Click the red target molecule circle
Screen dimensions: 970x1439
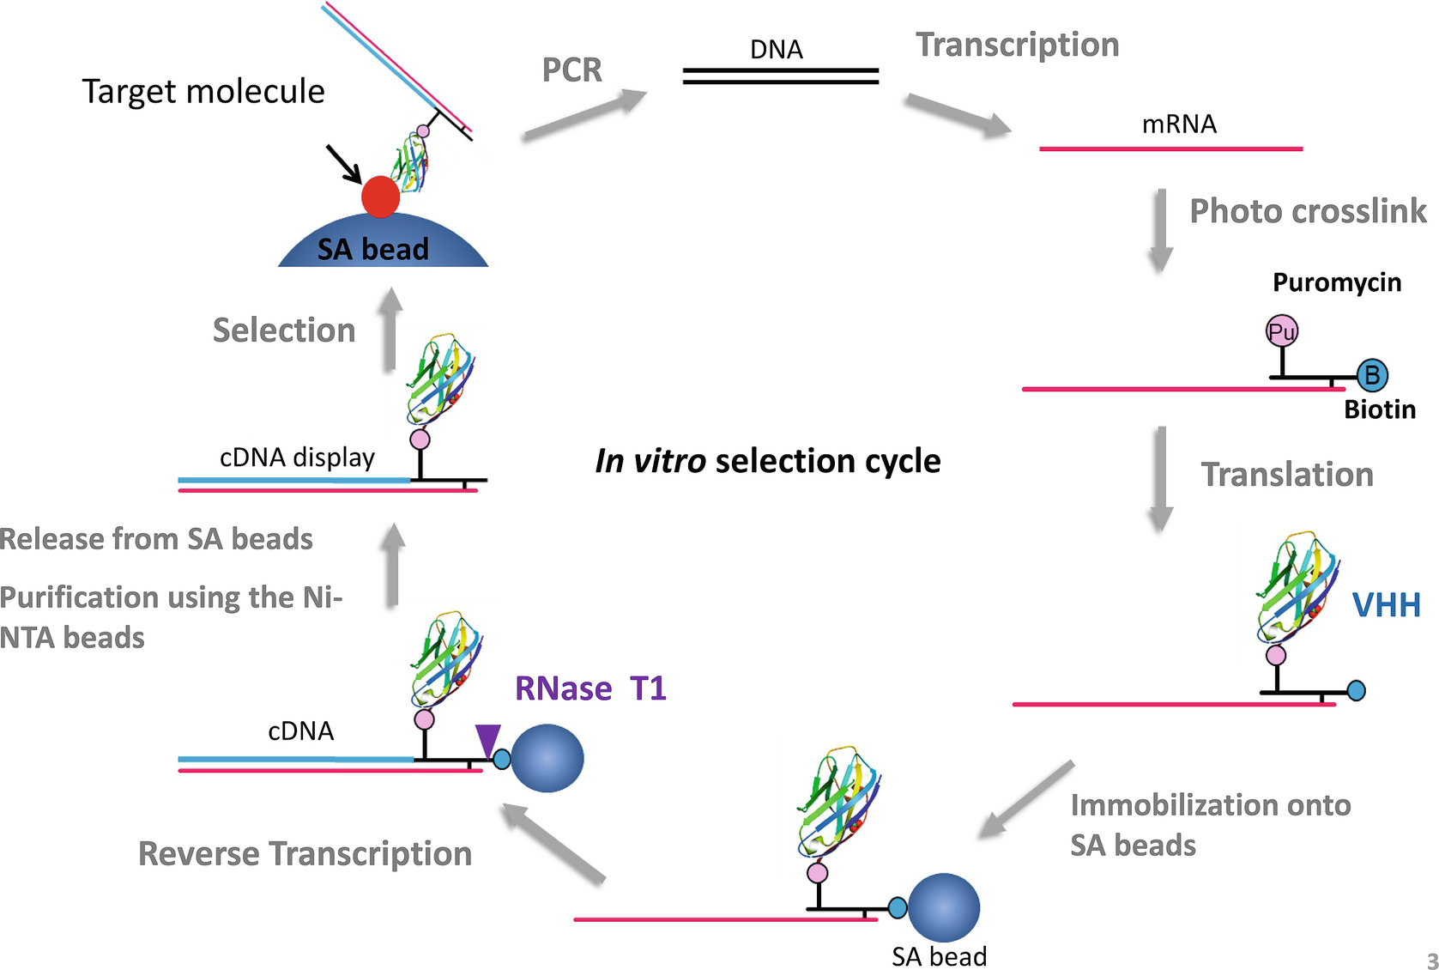pos(380,197)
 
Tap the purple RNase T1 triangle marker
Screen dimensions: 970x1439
pos(487,739)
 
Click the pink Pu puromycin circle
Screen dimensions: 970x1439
pos(1282,331)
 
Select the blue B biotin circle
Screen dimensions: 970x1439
pos(1372,374)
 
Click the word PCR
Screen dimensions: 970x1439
pos(571,70)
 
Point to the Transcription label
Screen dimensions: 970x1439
pos(1017,45)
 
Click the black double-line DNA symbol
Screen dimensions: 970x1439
pos(780,76)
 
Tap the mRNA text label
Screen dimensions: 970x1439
pos(1179,124)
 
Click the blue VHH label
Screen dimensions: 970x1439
pos(1386,605)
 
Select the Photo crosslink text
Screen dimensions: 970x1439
pos(1307,211)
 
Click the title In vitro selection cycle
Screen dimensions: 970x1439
pos(767,461)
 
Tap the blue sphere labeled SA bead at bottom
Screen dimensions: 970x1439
pos(943,907)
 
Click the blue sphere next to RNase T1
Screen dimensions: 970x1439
pos(547,758)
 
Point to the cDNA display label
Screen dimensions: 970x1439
pos(297,458)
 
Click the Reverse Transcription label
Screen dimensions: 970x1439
pos(305,854)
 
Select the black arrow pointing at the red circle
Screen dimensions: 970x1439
pos(343,163)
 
